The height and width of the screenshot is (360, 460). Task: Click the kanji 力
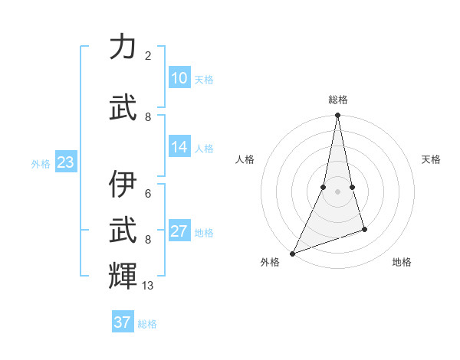[x=123, y=47]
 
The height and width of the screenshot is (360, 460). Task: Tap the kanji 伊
[x=123, y=185]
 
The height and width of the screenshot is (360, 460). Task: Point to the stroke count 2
[x=148, y=56]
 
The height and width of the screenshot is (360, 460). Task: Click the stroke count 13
[x=148, y=286]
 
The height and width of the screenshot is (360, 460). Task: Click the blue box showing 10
[x=179, y=78]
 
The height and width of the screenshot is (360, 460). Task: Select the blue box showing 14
[x=179, y=147]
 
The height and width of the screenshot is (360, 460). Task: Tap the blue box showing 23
[x=65, y=162]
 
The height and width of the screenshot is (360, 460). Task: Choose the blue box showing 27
[x=179, y=231]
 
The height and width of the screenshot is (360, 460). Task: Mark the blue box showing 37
[x=123, y=322]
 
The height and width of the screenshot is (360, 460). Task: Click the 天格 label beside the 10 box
[x=204, y=80]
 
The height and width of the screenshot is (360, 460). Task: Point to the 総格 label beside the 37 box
[x=147, y=324]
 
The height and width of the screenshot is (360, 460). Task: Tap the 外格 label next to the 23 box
[x=41, y=164]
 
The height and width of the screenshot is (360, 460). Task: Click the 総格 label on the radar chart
[x=338, y=100]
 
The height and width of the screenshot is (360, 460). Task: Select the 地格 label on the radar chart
[x=402, y=262]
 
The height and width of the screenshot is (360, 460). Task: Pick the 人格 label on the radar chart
[x=245, y=159]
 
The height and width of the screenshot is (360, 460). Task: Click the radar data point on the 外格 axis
[x=292, y=254]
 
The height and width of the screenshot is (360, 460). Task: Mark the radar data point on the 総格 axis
[x=337, y=116]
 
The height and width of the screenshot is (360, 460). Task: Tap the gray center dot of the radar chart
[x=337, y=191]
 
